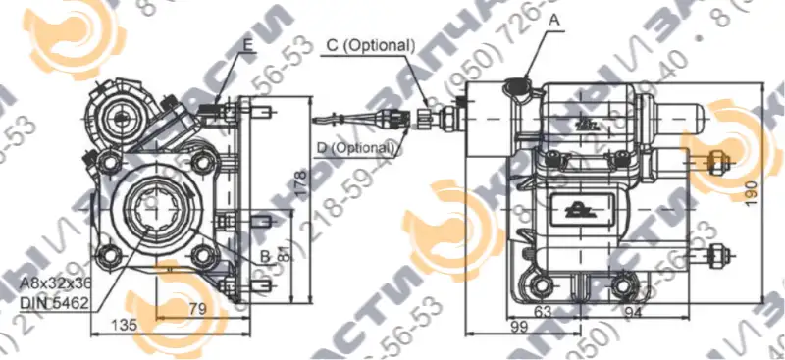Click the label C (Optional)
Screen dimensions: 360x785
[369, 45]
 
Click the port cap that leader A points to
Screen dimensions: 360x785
[516, 91]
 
